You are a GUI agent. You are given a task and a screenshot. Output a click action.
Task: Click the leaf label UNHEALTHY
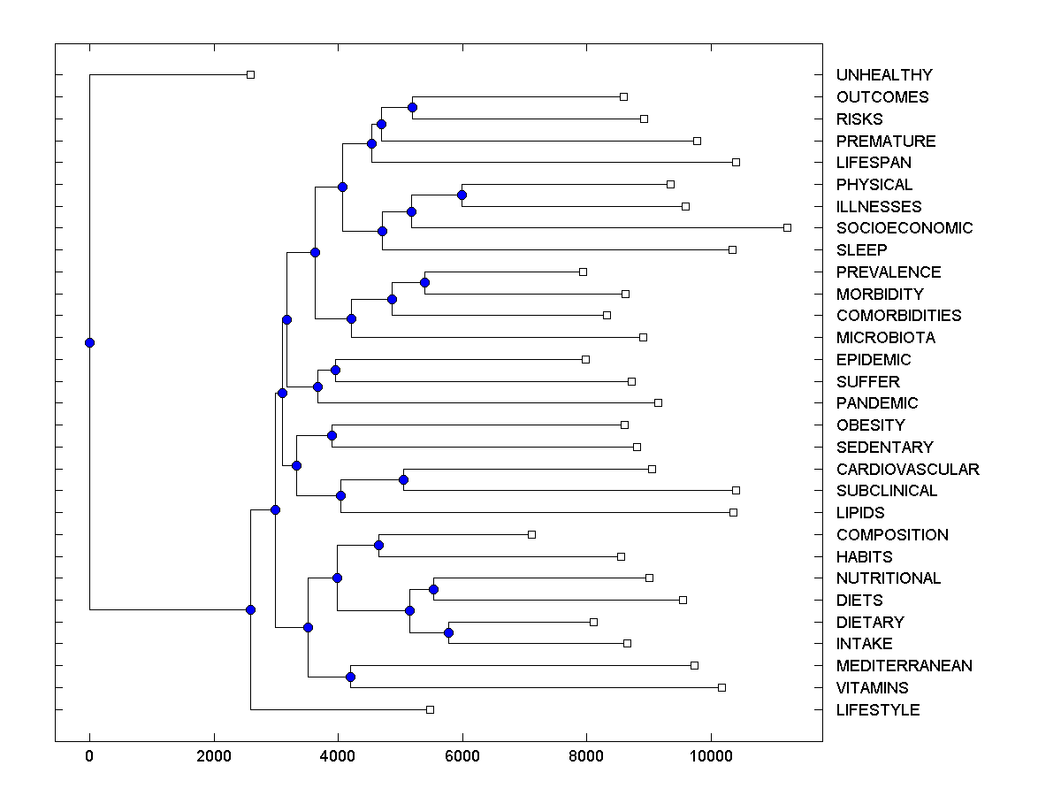[x=883, y=75]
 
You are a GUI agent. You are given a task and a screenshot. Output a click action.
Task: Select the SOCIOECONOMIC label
[x=904, y=228]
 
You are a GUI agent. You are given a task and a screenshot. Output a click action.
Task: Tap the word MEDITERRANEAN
[x=904, y=666]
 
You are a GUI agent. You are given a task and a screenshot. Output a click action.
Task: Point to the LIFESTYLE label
[x=877, y=710]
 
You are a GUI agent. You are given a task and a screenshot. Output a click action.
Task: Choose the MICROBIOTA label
[x=885, y=338]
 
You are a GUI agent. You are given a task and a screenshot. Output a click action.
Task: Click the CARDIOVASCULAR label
[x=907, y=470]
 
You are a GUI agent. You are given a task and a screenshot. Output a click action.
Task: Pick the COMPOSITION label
[x=891, y=535]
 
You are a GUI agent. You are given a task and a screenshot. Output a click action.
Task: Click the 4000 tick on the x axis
[x=338, y=757]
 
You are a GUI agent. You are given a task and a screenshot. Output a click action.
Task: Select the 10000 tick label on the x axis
[x=710, y=757]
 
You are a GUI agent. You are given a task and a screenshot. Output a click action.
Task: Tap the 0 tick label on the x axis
[x=89, y=757]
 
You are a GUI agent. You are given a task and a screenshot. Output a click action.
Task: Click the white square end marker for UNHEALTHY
[x=250, y=75]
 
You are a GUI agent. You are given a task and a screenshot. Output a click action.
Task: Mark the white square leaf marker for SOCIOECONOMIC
[x=787, y=228]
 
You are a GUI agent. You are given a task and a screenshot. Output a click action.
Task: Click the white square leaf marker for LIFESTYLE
[x=430, y=709]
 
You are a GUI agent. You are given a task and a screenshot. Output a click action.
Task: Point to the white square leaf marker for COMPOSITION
[x=531, y=534]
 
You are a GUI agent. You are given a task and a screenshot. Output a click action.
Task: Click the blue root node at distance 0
[x=89, y=342]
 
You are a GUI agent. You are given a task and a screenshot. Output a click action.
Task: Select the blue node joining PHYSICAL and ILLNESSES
[x=462, y=195]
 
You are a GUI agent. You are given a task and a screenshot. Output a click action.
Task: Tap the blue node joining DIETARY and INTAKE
[x=448, y=632]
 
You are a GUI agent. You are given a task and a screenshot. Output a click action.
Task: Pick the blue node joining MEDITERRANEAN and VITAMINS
[x=350, y=677]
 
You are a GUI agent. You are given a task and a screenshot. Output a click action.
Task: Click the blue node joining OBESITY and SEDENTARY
[x=332, y=435]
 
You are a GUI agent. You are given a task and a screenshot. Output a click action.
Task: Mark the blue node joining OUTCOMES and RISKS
[x=412, y=107]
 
